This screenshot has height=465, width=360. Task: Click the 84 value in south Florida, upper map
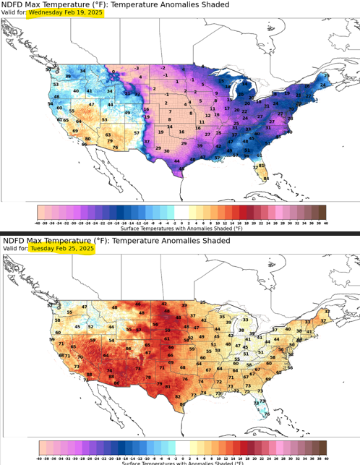266,178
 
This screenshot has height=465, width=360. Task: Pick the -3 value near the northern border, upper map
136,67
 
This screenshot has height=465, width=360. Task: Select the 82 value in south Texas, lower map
178,397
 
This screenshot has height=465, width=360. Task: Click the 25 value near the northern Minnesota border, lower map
204,302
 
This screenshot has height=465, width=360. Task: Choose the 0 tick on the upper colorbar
181,222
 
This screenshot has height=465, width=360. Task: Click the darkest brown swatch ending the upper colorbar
322,212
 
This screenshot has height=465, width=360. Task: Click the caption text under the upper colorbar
181,228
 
